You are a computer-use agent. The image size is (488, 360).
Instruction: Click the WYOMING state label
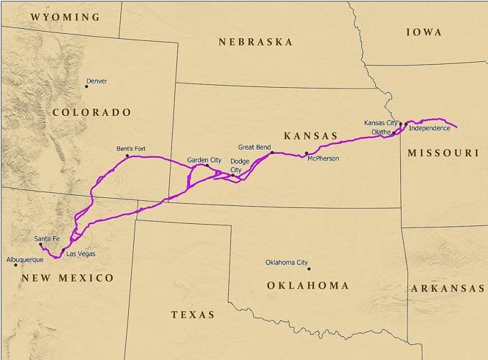click(x=65, y=16)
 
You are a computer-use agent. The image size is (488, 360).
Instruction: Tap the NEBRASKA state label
click(x=256, y=42)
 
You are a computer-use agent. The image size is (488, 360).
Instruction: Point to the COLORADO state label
click(x=91, y=112)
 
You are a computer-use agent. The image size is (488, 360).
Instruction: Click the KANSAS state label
click(x=310, y=135)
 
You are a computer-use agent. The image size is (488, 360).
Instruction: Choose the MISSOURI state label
click(x=443, y=153)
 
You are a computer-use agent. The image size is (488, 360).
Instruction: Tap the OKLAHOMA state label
click(x=307, y=286)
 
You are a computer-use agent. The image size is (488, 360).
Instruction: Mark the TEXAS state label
click(x=193, y=315)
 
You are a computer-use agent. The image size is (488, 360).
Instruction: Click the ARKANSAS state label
click(x=447, y=289)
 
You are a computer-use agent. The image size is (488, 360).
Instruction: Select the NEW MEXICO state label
click(x=67, y=278)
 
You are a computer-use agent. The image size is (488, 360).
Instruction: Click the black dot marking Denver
click(x=86, y=87)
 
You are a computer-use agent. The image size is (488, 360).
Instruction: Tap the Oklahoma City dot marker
click(x=309, y=269)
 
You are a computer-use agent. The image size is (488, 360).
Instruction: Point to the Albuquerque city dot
click(x=16, y=265)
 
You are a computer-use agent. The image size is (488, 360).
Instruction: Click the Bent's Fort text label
click(x=131, y=149)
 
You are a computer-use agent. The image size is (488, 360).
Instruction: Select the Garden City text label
click(x=204, y=159)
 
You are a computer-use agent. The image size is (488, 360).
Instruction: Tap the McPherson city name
click(x=322, y=158)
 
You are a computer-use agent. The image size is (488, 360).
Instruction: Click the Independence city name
click(x=429, y=128)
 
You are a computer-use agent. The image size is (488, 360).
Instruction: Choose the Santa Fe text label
click(x=47, y=238)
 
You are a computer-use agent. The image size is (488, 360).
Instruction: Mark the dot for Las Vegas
click(x=63, y=249)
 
